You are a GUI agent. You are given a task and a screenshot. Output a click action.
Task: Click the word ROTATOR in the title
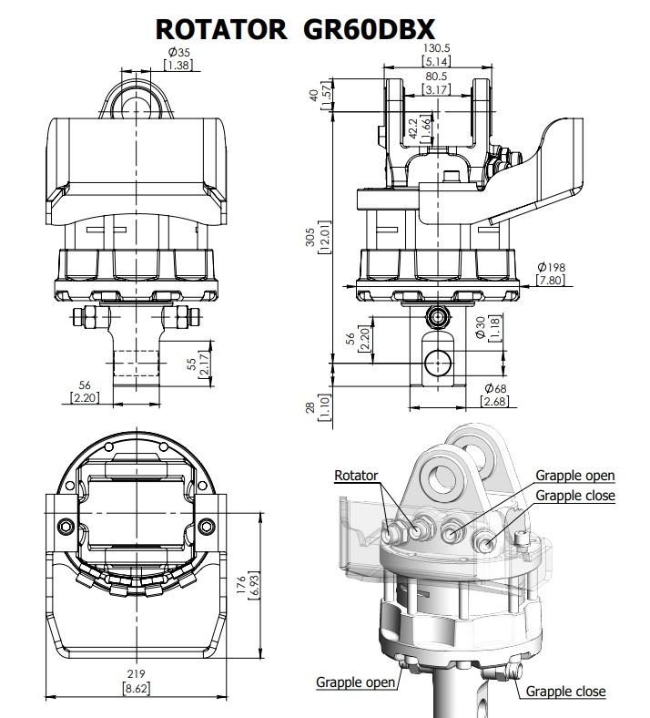click(221, 29)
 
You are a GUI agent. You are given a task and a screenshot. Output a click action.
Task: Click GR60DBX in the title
click(369, 29)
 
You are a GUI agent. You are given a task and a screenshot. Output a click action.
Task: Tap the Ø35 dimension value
click(178, 52)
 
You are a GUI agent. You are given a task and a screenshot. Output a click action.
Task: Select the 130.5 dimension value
click(436, 47)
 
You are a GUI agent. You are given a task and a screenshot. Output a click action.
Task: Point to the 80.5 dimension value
click(436, 76)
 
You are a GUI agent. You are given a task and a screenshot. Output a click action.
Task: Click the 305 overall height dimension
click(310, 237)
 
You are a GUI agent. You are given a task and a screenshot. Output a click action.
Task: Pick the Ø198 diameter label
click(551, 266)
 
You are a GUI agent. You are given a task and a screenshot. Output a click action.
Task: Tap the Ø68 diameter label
click(495, 388)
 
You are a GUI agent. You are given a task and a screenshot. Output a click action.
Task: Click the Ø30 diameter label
click(481, 327)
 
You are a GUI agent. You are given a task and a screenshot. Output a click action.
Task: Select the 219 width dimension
click(137, 674)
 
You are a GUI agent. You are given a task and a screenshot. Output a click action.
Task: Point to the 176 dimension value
click(241, 585)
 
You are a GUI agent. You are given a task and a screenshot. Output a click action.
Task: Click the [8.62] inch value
click(137, 688)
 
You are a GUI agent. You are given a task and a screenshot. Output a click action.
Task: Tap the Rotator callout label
click(356, 476)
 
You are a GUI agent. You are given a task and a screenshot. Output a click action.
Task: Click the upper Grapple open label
click(575, 476)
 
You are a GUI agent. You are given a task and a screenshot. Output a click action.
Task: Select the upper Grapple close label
click(575, 496)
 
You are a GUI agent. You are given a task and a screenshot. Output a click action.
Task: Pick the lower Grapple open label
click(355, 682)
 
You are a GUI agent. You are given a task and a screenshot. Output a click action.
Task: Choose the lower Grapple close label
click(566, 691)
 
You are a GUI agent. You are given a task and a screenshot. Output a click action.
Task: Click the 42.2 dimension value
click(413, 128)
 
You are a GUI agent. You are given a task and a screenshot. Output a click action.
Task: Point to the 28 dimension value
click(310, 407)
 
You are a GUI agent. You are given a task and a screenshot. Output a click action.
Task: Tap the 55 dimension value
click(192, 364)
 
